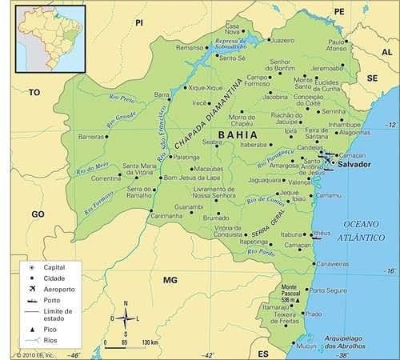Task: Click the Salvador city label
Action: (x=355, y=164)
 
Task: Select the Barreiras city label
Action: (x=92, y=137)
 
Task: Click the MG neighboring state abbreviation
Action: (x=169, y=280)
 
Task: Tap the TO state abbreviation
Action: (x=34, y=93)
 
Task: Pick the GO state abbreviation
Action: (x=38, y=214)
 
